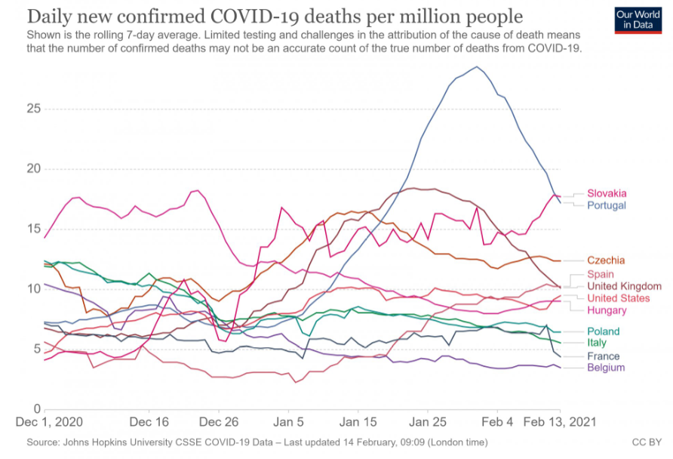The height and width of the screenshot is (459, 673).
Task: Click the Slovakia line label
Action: pyautogui.click(x=607, y=193)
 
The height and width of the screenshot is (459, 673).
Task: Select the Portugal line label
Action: pyautogui.click(x=607, y=205)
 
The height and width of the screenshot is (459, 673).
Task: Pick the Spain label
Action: pyautogui.click(x=600, y=274)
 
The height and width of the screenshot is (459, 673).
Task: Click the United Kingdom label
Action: pyautogui.click(x=624, y=286)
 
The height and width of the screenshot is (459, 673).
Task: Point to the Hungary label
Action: pyautogui.click(x=607, y=310)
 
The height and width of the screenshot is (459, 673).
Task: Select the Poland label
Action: pyautogui.click(x=603, y=331)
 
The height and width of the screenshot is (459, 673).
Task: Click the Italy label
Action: pyautogui.click(x=597, y=343)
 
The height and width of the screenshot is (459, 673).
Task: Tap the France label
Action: pyautogui.click(x=603, y=356)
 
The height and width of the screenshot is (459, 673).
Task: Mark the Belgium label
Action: pyautogui.click(x=605, y=368)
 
